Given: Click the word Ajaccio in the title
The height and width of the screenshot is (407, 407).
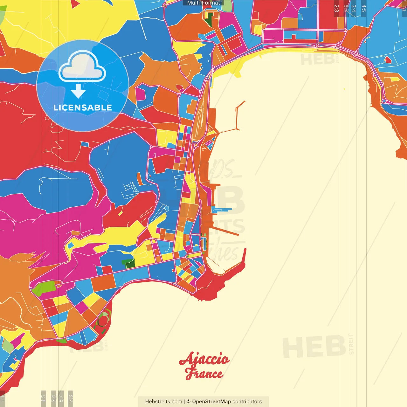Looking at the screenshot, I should click(204, 359).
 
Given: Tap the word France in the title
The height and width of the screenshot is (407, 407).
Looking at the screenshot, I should click(204, 373).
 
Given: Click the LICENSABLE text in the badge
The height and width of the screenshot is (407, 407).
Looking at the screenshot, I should click(82, 107).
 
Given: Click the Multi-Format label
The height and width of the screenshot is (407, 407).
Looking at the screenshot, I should click(203, 3).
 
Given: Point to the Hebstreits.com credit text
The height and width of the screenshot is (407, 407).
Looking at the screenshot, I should click(163, 402).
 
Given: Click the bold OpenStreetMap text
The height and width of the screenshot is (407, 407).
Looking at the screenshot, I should click(211, 402).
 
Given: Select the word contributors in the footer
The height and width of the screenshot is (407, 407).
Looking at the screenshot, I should click(247, 402).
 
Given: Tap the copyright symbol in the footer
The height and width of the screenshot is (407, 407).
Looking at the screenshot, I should click(188, 402).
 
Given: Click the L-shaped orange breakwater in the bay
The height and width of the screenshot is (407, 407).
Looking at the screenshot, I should click(237, 118).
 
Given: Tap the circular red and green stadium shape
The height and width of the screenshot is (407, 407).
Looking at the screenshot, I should click(103, 320).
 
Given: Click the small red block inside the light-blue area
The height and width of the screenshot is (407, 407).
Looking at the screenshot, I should click(388, 59).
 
